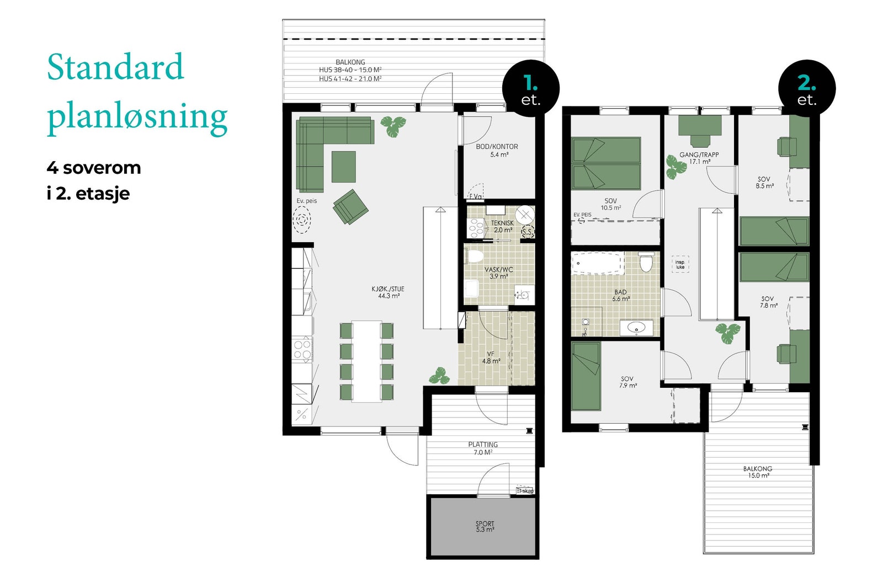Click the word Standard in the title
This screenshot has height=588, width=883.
click(115, 67)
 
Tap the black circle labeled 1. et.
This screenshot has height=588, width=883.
click(531, 89)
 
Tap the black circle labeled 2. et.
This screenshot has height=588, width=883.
click(807, 89)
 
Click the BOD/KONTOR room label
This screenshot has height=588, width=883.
click(497, 151)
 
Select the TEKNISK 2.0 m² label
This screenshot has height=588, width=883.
click(502, 226)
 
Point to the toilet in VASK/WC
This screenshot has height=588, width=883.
click(474, 256)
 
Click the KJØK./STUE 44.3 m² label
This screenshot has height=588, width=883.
click(387, 292)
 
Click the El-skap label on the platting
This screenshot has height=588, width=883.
click(525, 490)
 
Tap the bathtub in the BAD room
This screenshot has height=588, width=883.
click(597, 263)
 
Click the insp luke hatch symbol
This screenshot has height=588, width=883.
click(680, 264)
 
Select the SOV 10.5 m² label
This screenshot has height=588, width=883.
click(610, 204)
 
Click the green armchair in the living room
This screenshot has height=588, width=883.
click(350, 207)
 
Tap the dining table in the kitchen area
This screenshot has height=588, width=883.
click(366, 361)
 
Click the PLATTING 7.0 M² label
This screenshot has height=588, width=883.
click(483, 448)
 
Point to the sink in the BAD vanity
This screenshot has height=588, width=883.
click(636, 328)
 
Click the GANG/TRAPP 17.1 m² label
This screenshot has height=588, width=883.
click(699, 158)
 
